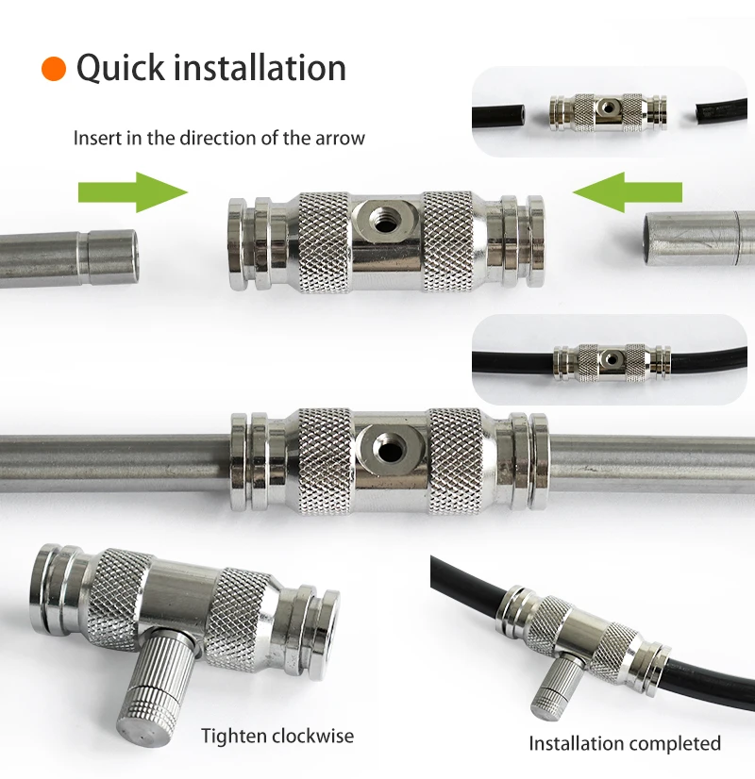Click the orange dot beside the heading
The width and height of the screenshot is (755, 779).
[x=54, y=69]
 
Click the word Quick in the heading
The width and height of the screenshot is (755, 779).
[x=120, y=68]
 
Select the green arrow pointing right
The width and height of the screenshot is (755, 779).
[x=133, y=192]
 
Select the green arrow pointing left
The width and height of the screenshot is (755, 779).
[x=628, y=192]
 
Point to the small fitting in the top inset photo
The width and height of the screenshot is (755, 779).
[x=608, y=112]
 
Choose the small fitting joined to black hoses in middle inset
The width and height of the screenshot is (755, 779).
[x=612, y=362]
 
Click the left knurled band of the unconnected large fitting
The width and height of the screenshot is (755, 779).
[x=323, y=242]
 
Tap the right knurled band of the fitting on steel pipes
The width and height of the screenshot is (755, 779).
[x=455, y=461]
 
